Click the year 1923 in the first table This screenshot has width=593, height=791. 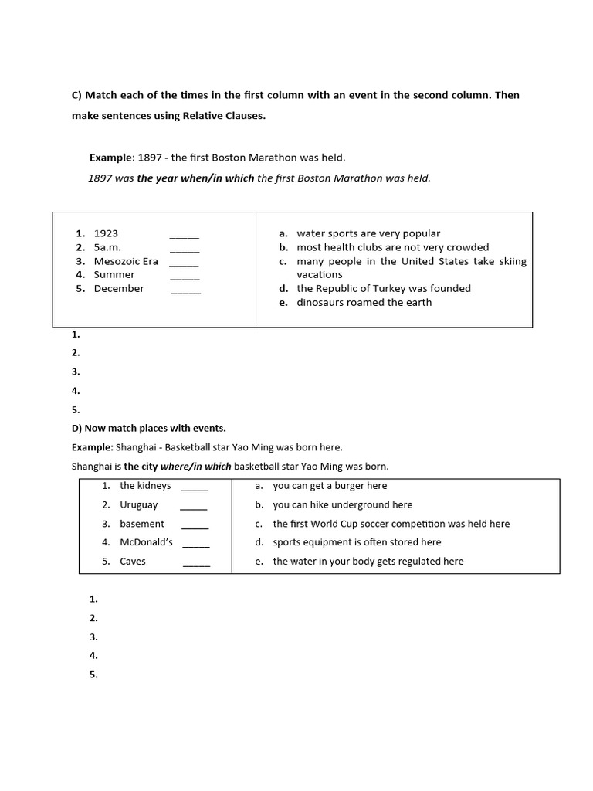[x=106, y=233]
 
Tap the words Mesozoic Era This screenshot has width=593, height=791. [x=126, y=261]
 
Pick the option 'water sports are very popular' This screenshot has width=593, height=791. [x=368, y=233]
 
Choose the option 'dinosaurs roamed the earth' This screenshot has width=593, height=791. [x=364, y=302]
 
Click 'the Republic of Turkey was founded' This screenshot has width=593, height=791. [x=384, y=288]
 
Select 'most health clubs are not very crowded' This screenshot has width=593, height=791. [x=393, y=247]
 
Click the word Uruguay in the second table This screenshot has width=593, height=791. [x=139, y=504]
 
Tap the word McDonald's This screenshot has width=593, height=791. [x=147, y=542]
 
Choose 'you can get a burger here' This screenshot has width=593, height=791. [x=330, y=486]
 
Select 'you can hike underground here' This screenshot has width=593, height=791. [x=343, y=504]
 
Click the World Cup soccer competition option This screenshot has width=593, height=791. [x=391, y=524]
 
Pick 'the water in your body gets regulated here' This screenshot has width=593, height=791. [x=368, y=562]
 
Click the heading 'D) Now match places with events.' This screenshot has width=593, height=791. [x=149, y=428]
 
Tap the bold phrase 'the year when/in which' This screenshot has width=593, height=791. [x=195, y=178]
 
